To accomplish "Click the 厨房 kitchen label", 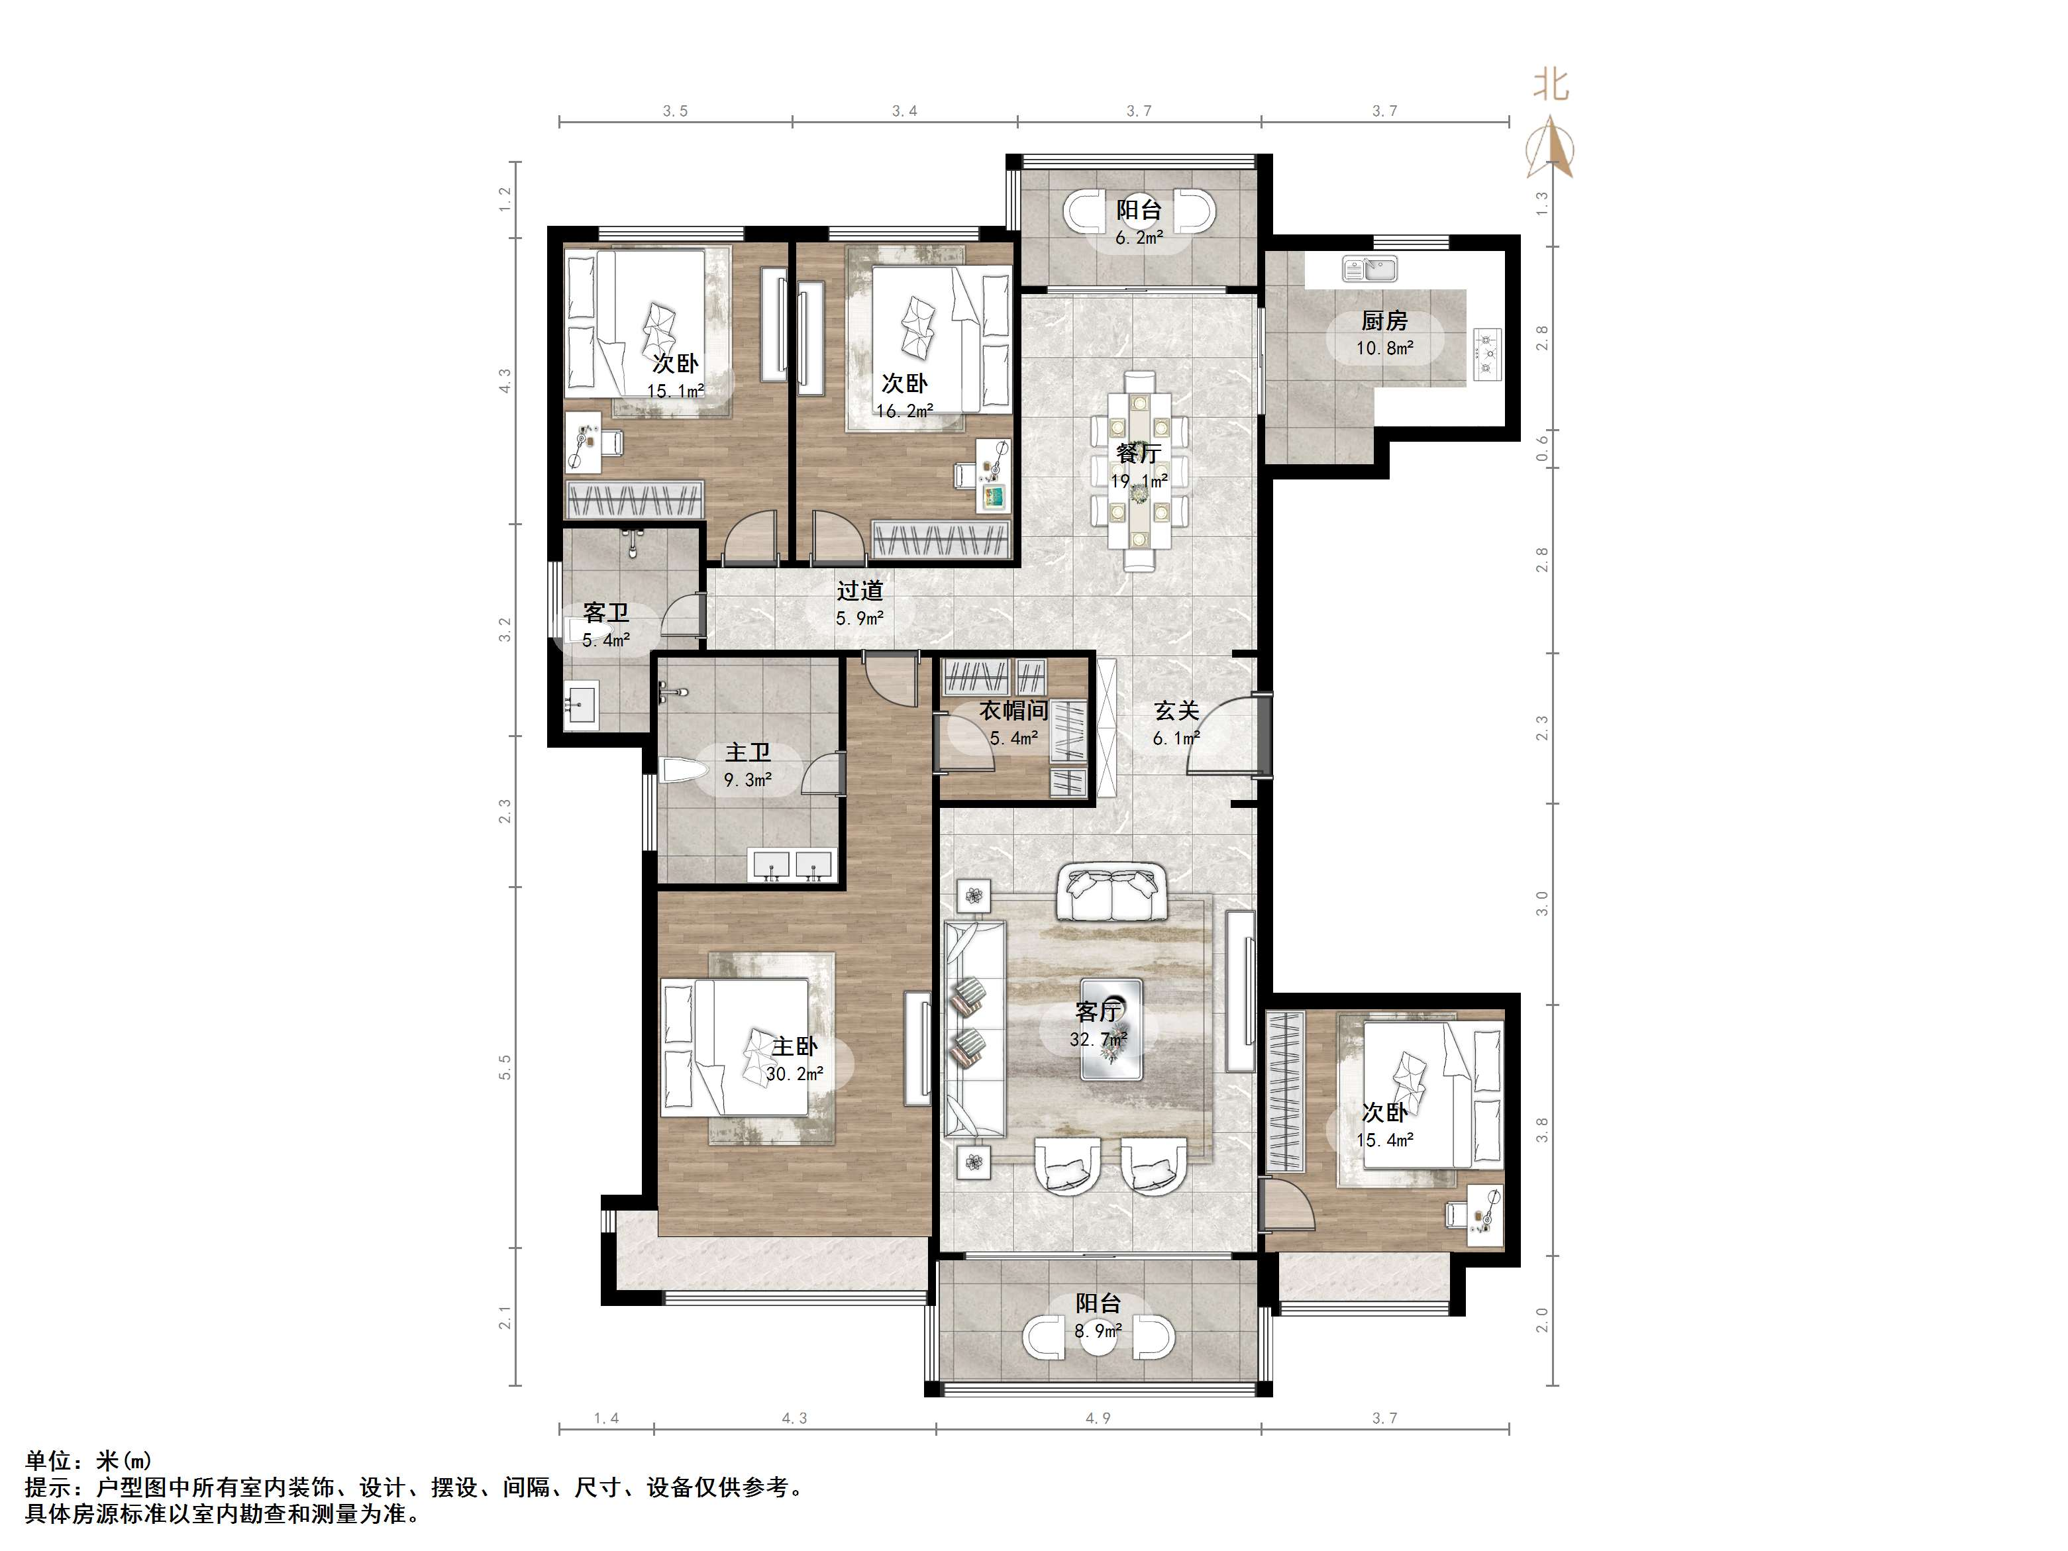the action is coord(1384,321).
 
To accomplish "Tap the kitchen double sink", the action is coord(1370,270).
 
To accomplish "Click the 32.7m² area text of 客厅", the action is coord(1098,1038).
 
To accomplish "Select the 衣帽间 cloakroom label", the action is coord(1013,711).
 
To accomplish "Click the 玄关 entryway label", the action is coord(1176,711).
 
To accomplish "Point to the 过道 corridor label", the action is coord(859,591).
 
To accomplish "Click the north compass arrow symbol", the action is coord(1550,147).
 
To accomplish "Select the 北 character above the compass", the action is coord(1550,85).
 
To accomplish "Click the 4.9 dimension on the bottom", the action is coord(1098,1419).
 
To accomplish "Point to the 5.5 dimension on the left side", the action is coord(505,1067).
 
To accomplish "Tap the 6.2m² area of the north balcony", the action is coord(1139,238).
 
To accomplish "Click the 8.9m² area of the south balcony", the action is coord(1098,1330).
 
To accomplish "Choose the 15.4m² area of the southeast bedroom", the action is coord(1384,1140).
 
